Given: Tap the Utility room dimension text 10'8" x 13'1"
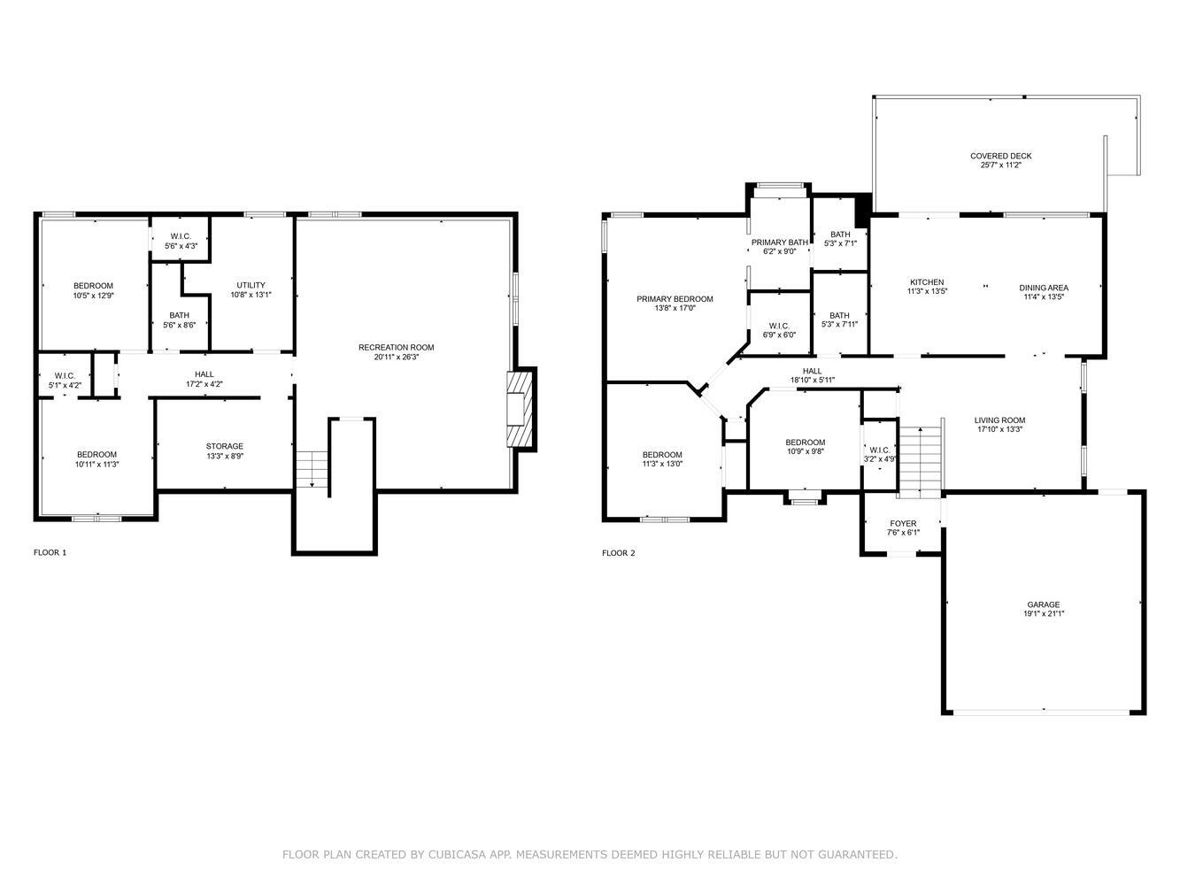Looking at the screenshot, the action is coord(251,295).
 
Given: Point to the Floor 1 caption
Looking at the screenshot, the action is coord(50,552).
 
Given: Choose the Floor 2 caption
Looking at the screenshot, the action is coord(619,553).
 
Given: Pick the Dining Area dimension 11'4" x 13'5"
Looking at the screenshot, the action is coord(1044,296).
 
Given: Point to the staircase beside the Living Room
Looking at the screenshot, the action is coord(921,461).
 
